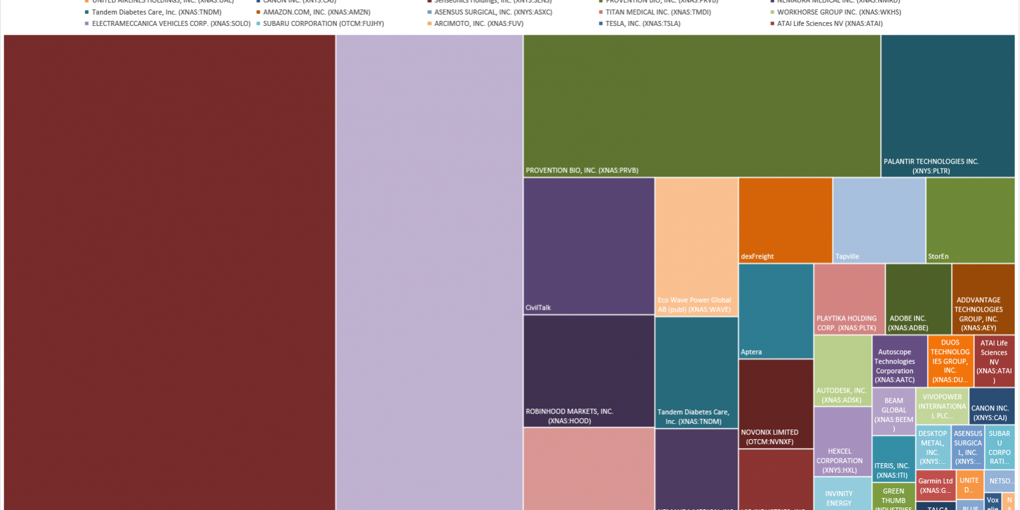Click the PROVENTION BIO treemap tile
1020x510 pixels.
coord(701,106)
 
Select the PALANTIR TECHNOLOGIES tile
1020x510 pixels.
coord(947,106)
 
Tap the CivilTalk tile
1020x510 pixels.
coord(589,246)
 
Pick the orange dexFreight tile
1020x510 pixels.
coord(785,220)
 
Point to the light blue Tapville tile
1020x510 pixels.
coord(879,220)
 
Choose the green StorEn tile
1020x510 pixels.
coord(970,220)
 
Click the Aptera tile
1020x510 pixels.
coord(775,310)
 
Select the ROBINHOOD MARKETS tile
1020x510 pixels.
coord(589,371)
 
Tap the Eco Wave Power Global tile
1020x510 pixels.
coord(696,246)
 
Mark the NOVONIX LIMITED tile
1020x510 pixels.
coord(775,404)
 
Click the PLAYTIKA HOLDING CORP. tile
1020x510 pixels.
coord(849,299)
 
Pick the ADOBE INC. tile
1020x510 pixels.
coord(918,299)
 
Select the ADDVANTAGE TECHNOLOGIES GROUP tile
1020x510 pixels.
coord(983,299)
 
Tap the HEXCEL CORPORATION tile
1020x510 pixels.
coord(843,442)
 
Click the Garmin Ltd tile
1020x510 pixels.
coord(935,485)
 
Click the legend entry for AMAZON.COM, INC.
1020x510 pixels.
coord(316,12)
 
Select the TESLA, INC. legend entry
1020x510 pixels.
coord(642,23)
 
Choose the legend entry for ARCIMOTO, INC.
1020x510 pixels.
coord(478,23)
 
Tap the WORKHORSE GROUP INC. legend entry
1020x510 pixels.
coord(838,12)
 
